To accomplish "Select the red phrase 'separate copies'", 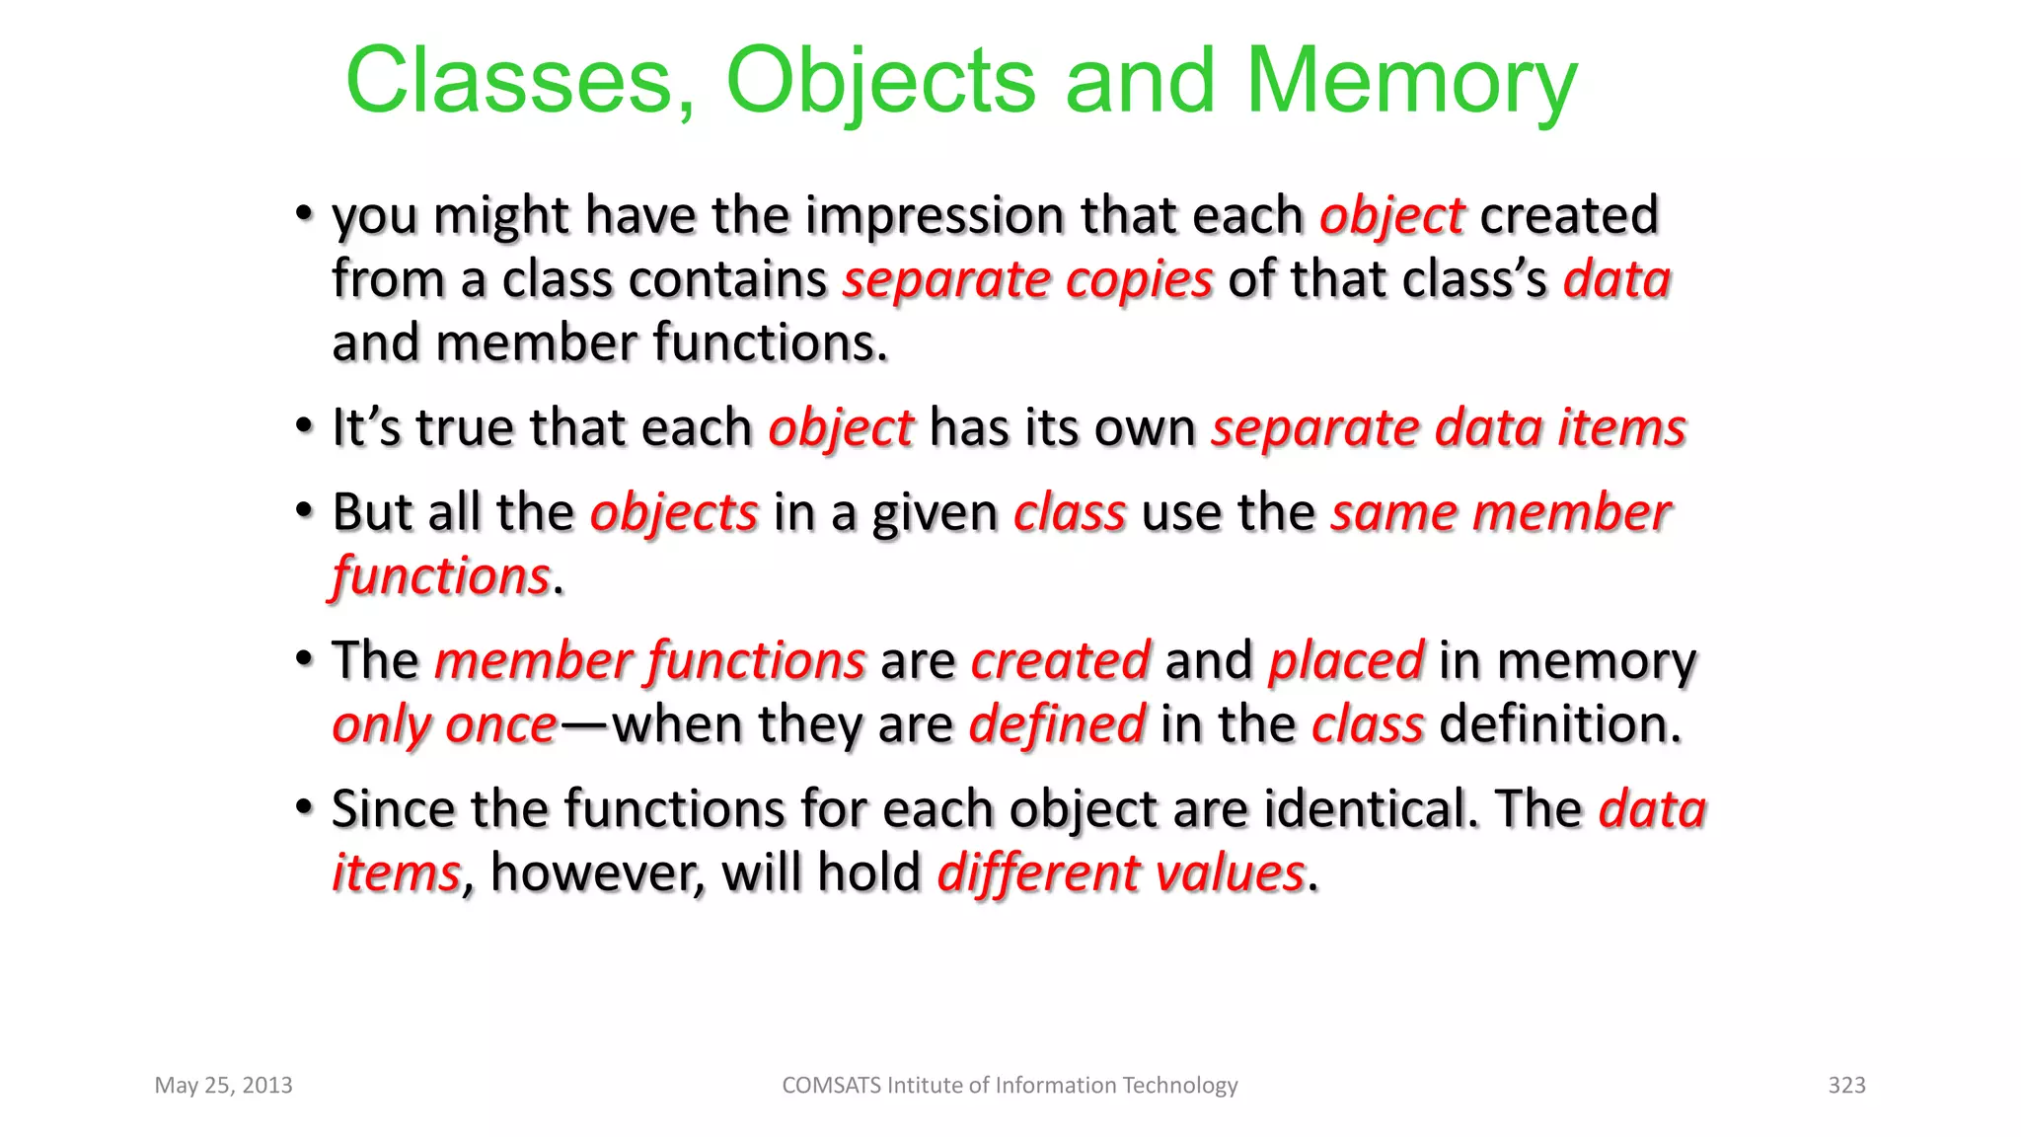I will click(x=1027, y=279).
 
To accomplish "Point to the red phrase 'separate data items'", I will click(x=1449, y=428).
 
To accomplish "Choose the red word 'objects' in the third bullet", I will click(x=674, y=512).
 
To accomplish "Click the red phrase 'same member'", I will click(x=1500, y=512).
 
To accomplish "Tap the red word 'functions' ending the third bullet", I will click(x=441, y=576).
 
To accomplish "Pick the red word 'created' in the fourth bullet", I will click(x=1061, y=660).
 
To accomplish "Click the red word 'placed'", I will click(x=1346, y=660).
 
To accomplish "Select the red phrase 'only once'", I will click(x=445, y=725).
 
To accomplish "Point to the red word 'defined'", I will click(x=1057, y=724).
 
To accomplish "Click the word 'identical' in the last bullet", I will click(x=1371, y=809).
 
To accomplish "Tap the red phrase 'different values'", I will click(x=1121, y=873).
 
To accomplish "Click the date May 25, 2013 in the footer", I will click(x=224, y=1086).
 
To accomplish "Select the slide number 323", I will click(x=1846, y=1086).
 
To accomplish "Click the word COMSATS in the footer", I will click(x=831, y=1086).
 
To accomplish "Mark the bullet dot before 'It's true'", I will click(x=305, y=427).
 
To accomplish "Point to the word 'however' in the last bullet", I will click(x=597, y=873).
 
